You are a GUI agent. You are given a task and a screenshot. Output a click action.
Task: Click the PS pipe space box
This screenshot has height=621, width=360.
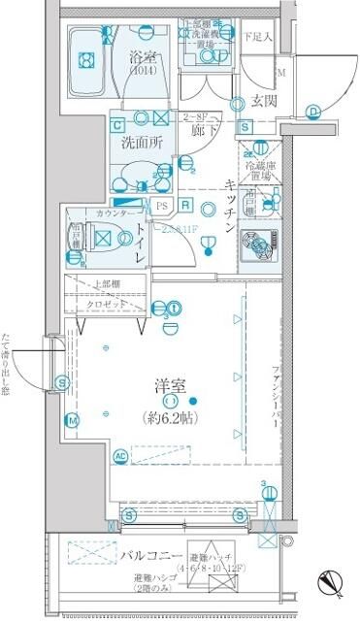(161, 206)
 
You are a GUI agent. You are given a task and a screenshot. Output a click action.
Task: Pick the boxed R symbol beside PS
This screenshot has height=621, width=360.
(185, 205)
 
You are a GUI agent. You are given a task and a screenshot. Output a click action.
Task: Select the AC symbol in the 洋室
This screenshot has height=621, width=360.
(121, 455)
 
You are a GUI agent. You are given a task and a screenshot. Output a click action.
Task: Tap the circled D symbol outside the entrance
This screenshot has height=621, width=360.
(315, 111)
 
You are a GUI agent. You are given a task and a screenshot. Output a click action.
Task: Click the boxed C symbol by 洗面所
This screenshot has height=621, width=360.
(116, 125)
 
